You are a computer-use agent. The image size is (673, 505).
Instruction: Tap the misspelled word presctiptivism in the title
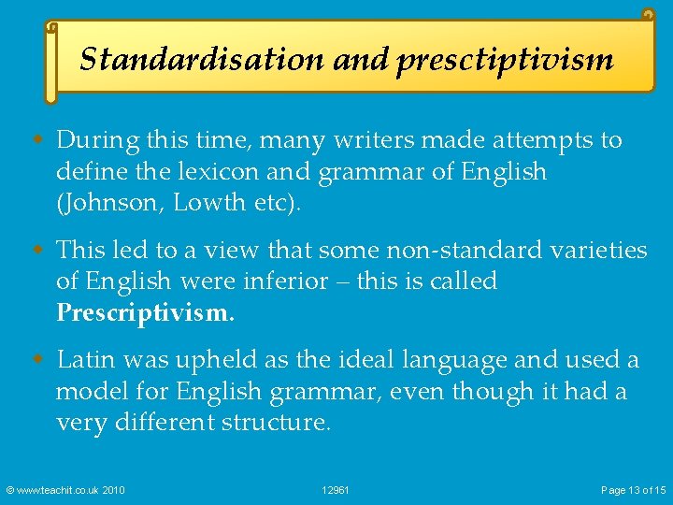pos(504,61)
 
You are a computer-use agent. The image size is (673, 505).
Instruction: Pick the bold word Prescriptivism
pos(145,312)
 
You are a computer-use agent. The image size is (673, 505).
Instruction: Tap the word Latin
pos(86,359)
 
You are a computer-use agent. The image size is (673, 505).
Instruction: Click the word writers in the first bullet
pos(366,140)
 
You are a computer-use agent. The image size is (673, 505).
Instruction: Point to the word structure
pos(277,422)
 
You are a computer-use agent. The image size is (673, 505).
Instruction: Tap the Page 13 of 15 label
pos(634,490)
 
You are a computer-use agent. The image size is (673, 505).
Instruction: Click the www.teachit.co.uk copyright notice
pos(64,490)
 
